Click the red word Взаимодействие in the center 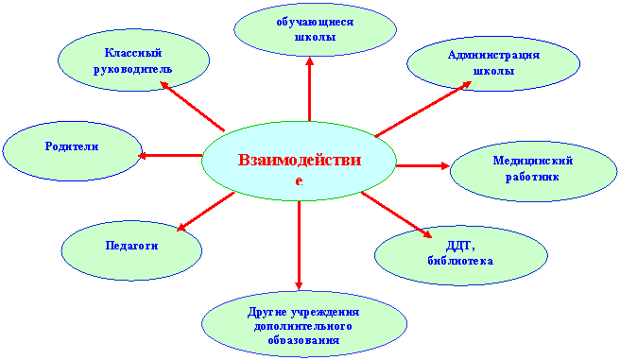(x=300, y=169)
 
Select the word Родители (x=72, y=146)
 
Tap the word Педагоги (x=131, y=246)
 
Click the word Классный (x=133, y=53)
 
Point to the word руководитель (x=133, y=69)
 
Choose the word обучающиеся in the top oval (x=315, y=22)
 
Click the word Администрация (x=493, y=55)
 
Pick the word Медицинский (x=533, y=161)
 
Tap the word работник (x=532, y=177)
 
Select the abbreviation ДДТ (x=460, y=246)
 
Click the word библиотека (x=460, y=261)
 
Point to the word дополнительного (x=303, y=326)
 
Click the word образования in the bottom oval (x=303, y=340)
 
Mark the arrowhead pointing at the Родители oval (x=143, y=156)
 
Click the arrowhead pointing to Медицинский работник (x=444, y=166)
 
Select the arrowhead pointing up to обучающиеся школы (x=310, y=61)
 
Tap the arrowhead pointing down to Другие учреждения (x=299, y=285)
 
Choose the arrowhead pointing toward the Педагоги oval (x=181, y=227)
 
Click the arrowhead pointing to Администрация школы (x=466, y=84)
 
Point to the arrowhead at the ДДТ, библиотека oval (x=426, y=234)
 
